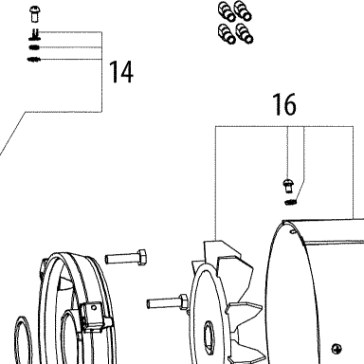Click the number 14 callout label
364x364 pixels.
(x=121, y=72)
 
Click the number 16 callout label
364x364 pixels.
(x=284, y=104)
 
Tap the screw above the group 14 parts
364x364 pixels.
(x=34, y=14)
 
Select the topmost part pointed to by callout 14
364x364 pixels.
(x=34, y=34)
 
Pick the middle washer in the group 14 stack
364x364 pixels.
(x=34, y=47)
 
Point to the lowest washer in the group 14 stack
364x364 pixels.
(x=34, y=59)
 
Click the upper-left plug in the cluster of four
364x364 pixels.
(x=227, y=12)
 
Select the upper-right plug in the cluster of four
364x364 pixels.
(x=244, y=11)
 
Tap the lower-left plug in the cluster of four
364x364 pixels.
(x=227, y=33)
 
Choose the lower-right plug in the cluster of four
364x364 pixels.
(x=245, y=33)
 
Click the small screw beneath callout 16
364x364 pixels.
(x=288, y=186)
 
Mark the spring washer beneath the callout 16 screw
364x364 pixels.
(x=290, y=202)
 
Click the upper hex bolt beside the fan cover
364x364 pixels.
(x=126, y=257)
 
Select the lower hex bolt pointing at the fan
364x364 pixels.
(x=168, y=301)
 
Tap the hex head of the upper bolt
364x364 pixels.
(x=142, y=257)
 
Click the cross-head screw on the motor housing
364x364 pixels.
(x=337, y=349)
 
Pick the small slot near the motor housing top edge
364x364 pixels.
(x=293, y=232)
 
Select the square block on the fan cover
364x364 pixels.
(x=92, y=316)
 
